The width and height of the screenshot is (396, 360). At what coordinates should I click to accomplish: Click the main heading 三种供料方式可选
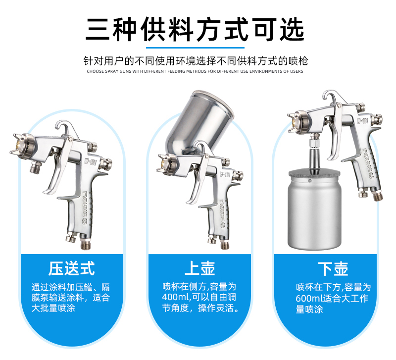(195, 29)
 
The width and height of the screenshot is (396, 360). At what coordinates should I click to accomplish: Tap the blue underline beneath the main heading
(195, 48)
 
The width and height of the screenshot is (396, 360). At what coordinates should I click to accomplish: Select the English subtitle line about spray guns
(195, 71)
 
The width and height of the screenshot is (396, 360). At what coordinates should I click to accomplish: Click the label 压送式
(71, 268)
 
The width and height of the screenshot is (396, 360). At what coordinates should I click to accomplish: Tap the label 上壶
(200, 268)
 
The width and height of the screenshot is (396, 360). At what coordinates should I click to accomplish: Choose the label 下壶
(333, 269)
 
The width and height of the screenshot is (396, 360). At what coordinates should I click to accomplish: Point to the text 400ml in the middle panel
(176, 297)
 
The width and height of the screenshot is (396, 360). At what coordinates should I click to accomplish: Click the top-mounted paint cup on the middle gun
(199, 121)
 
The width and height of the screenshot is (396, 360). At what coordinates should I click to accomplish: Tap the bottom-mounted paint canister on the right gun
(314, 209)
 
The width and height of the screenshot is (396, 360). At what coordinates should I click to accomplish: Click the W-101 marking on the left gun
(91, 160)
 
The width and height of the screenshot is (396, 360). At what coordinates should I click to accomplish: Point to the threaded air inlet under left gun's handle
(85, 243)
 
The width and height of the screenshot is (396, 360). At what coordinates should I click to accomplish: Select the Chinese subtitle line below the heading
(196, 61)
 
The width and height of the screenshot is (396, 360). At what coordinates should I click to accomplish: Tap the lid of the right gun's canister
(314, 174)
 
